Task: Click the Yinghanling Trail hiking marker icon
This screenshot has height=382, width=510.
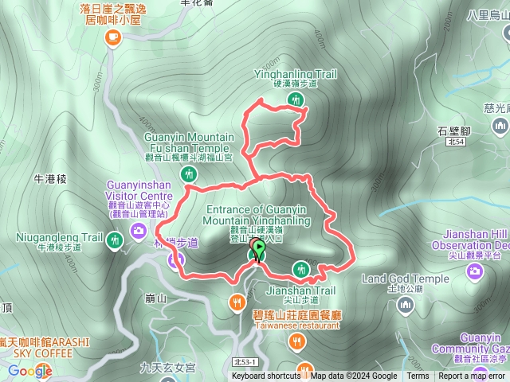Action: pos(296,99)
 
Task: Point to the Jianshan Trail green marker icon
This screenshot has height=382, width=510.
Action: pos(300,268)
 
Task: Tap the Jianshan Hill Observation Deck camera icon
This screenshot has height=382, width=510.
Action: pos(476,272)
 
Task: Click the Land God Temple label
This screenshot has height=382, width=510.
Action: pos(405,279)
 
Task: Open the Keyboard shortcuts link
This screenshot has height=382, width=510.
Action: pos(266,376)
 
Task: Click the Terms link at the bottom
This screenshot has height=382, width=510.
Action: pos(418,376)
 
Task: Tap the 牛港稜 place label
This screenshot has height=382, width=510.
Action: pos(50,179)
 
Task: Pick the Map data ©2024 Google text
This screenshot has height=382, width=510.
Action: pos(354,376)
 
